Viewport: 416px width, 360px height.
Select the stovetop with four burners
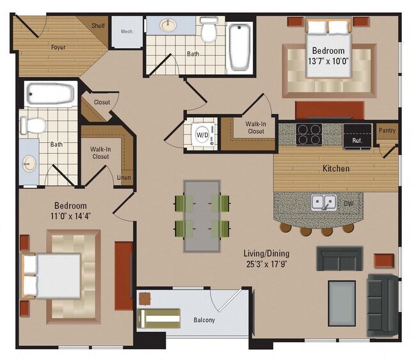click(308, 136)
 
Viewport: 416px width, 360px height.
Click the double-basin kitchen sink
click(325, 203)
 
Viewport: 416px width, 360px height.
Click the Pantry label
click(387, 131)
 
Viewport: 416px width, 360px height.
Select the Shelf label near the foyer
click(98, 26)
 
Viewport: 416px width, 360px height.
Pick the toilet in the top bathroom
click(209, 30)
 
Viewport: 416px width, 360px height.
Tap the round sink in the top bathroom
click(170, 26)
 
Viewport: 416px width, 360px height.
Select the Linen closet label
click(124, 178)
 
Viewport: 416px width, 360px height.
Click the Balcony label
click(204, 320)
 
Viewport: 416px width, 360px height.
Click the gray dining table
click(202, 215)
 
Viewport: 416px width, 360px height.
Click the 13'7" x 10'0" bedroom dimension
click(328, 62)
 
